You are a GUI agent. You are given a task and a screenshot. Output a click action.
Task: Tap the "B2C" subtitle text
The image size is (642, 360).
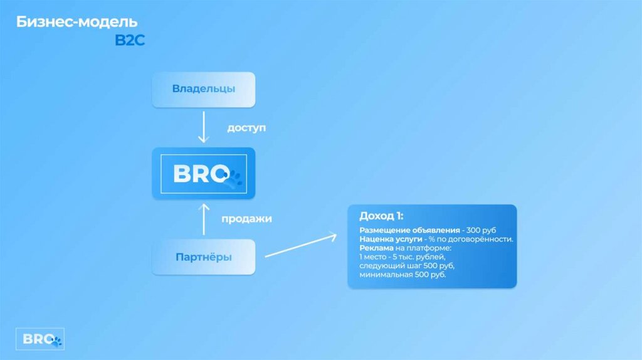point(129,41)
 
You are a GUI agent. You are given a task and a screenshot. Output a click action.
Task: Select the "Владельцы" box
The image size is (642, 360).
point(204,89)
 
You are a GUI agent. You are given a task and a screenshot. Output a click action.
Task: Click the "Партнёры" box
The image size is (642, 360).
point(204,257)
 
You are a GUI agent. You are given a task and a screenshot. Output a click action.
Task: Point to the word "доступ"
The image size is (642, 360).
point(246,127)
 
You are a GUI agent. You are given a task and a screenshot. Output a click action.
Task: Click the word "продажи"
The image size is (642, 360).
point(247,219)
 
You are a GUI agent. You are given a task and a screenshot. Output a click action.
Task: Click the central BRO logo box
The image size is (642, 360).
point(204,174)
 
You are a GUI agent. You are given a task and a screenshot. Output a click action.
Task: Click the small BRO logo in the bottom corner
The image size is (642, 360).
point(40,339)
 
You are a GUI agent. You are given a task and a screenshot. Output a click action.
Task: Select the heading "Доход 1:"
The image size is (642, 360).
point(381,216)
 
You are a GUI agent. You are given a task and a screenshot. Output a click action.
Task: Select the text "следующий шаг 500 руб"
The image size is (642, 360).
point(406,266)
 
